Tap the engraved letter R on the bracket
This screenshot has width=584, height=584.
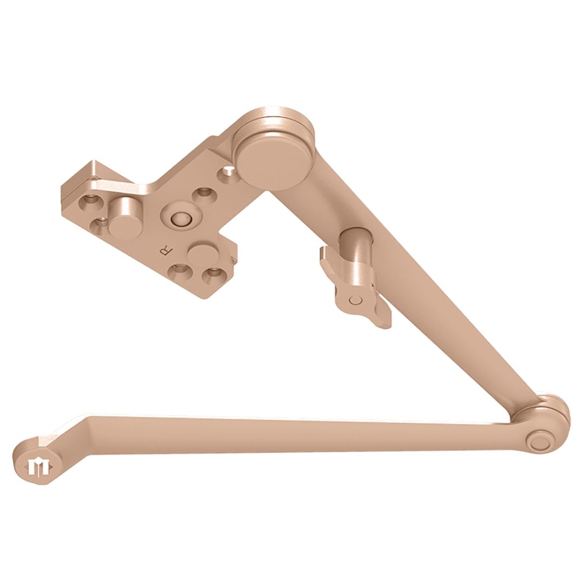(x=164, y=250)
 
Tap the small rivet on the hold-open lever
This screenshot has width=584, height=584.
(x=355, y=300)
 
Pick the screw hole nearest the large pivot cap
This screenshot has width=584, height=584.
(x=228, y=173)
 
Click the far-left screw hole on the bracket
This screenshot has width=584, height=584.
(x=89, y=202)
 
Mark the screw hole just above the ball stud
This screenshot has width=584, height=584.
(x=204, y=193)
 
